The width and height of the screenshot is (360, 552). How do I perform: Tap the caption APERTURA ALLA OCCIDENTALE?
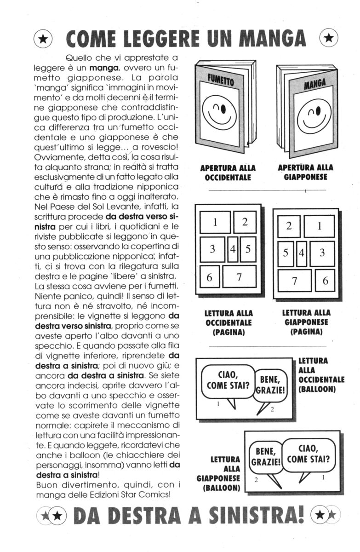click(x=228, y=173)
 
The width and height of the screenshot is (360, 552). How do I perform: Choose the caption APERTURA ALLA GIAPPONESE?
click(x=305, y=172)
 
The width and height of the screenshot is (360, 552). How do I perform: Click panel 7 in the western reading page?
click(x=239, y=276)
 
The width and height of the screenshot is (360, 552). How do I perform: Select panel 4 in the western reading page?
click(x=233, y=249)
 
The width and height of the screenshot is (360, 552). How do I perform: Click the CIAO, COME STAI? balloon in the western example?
click(x=228, y=380)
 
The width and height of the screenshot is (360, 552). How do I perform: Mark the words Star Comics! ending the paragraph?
click(x=145, y=494)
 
